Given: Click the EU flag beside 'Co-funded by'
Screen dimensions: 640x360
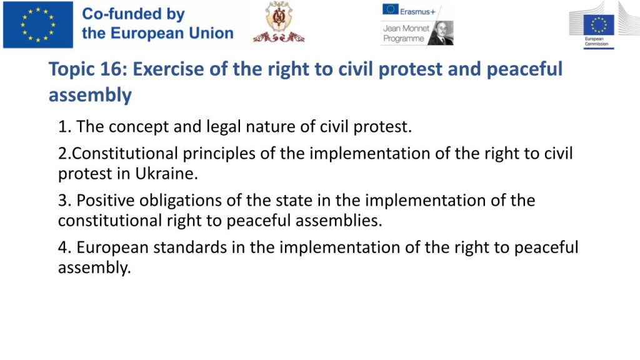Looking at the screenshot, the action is pyautogui.click(x=38, y=24).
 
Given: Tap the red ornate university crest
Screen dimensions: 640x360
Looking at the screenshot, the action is pyautogui.click(x=279, y=22).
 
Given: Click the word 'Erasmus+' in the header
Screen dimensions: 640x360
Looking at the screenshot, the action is pyautogui.click(x=417, y=12).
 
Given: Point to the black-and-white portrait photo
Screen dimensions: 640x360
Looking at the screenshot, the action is pyautogui.click(x=441, y=33).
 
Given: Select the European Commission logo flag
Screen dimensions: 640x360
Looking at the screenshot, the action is pyautogui.click(x=599, y=25).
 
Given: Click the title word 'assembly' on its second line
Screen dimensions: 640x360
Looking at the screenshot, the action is pyautogui.click(x=90, y=96).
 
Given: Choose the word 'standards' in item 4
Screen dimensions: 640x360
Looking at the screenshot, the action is pyautogui.click(x=190, y=247).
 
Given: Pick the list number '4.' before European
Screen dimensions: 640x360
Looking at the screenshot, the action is pyautogui.click(x=65, y=247).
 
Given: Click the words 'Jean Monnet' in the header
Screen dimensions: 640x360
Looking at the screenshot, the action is pyautogui.click(x=406, y=28).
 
